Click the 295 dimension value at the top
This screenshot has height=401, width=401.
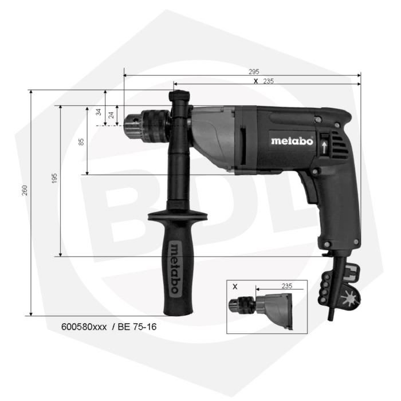click(x=254, y=72)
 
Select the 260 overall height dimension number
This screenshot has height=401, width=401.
click(x=24, y=190)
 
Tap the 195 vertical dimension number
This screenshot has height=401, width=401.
click(x=54, y=179)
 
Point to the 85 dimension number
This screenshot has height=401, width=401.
click(x=81, y=141)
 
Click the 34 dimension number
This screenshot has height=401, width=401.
click(x=99, y=112)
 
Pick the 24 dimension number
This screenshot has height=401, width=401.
click(x=111, y=115)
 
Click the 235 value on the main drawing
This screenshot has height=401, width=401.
click(x=268, y=81)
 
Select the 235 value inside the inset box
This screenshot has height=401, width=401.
click(x=286, y=286)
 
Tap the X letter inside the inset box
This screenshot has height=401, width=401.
click(x=235, y=287)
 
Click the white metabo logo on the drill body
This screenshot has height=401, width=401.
click(x=292, y=141)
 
